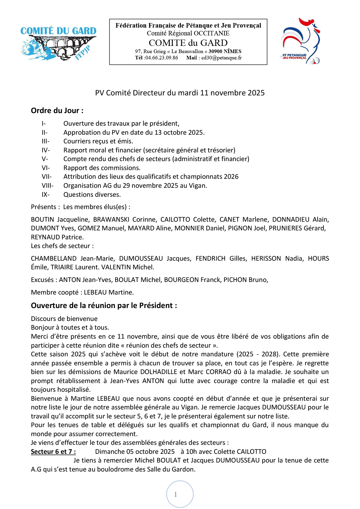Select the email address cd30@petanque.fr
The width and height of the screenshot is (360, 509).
pos(221,58)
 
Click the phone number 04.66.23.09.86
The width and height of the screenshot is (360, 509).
pos(161,58)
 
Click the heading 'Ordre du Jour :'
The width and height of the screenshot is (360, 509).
pos(57,111)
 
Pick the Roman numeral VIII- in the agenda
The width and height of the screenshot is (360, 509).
pos(47,186)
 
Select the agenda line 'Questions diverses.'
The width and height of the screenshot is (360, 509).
pos(92,195)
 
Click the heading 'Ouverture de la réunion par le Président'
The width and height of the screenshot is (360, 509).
pos(104,306)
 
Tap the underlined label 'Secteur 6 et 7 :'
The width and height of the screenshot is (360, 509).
pos(53,452)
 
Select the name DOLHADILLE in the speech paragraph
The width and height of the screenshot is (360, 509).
pos(159,372)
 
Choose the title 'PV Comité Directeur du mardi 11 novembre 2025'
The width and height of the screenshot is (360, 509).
pos(180,93)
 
